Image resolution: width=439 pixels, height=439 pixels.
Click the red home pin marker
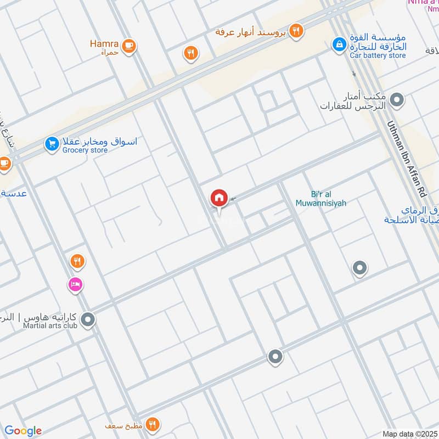pyautogui.click(x=219, y=198)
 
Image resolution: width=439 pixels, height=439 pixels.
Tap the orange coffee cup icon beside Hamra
pyautogui.click(x=129, y=46)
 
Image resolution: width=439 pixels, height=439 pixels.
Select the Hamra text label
pyautogui.click(x=104, y=42)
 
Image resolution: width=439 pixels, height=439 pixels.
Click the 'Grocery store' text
pyautogui.click(x=85, y=150)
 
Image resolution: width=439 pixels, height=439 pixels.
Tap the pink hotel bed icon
pyautogui.click(x=75, y=284)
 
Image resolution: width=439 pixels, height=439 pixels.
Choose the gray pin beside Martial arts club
pyautogui.click(x=87, y=319)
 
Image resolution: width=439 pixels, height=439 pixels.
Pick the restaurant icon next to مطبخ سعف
pyautogui.click(x=153, y=424)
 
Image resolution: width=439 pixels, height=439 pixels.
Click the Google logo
pyautogui.click(x=23, y=431)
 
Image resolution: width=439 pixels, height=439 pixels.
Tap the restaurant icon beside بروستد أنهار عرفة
pyautogui.click(x=296, y=31)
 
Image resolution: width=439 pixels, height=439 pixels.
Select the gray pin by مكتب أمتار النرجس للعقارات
pyautogui.click(x=397, y=100)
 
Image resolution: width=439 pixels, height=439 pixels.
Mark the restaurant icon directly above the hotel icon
pyautogui.click(x=77, y=262)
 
